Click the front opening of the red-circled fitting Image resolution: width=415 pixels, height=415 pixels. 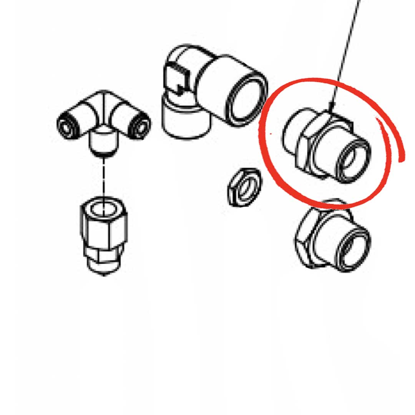coord(352,160)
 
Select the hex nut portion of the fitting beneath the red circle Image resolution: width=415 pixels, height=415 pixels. coord(307,238)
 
